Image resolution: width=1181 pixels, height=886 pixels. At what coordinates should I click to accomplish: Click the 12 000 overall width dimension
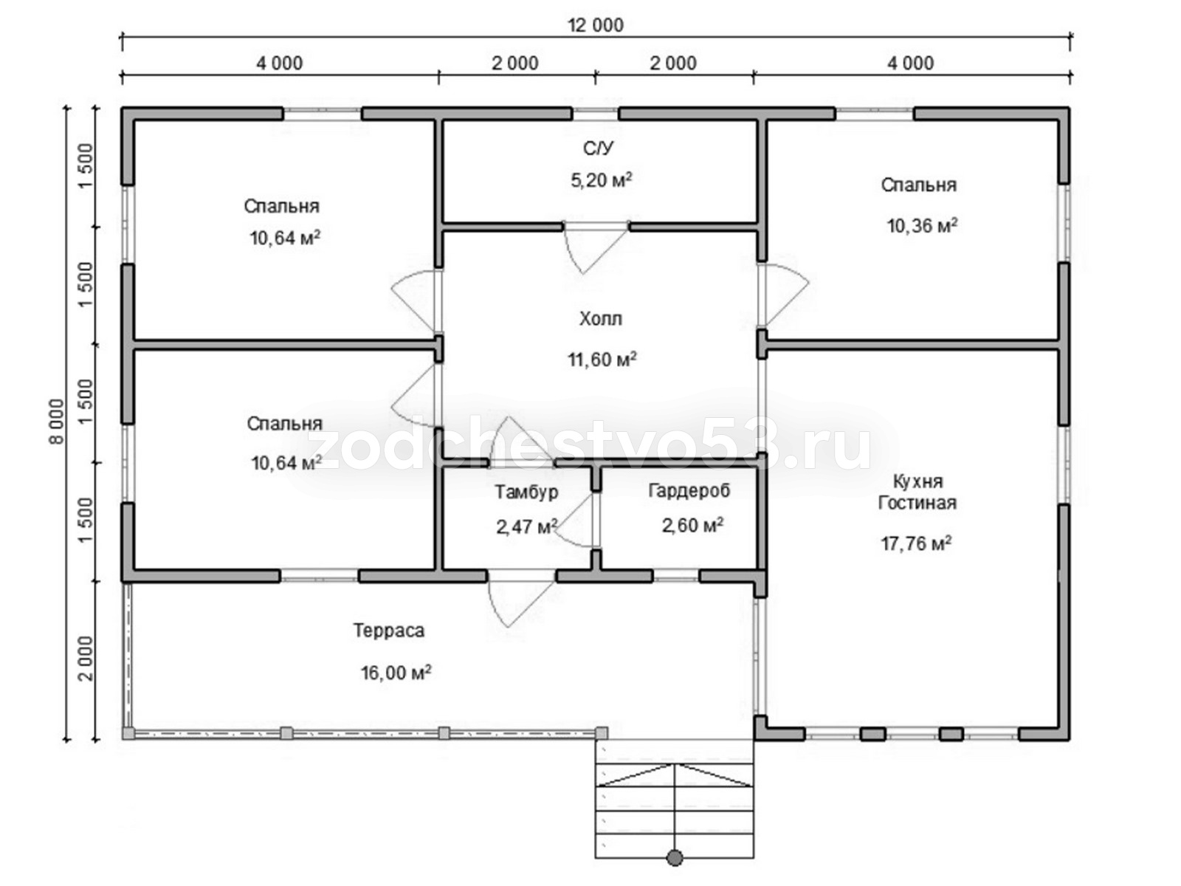596,25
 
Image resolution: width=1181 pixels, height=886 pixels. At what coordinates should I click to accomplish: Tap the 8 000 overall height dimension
56,421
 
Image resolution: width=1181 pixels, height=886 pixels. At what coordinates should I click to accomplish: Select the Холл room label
600,319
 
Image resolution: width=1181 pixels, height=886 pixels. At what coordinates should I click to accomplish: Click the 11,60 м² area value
602,359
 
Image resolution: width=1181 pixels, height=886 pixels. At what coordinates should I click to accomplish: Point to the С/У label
599,148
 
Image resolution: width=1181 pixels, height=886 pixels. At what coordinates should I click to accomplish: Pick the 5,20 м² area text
601,179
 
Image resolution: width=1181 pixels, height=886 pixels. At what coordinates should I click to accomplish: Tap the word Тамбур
526,492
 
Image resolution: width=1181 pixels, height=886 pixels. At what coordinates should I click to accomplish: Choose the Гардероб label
689,490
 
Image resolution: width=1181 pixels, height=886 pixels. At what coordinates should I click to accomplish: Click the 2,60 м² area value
692,525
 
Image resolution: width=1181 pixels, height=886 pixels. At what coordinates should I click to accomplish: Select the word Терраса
389,631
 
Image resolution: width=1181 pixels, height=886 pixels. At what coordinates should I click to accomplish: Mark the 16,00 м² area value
396,673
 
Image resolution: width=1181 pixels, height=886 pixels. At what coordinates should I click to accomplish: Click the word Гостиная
917,503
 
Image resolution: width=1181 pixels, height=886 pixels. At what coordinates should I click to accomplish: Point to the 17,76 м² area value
916,543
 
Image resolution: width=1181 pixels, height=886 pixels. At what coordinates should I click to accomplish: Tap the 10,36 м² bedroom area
922,225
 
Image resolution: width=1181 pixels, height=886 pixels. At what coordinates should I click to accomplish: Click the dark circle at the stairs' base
675,857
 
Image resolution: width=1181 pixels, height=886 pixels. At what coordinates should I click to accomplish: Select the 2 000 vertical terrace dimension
86,659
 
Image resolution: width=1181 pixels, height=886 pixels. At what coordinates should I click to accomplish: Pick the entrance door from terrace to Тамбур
521,597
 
